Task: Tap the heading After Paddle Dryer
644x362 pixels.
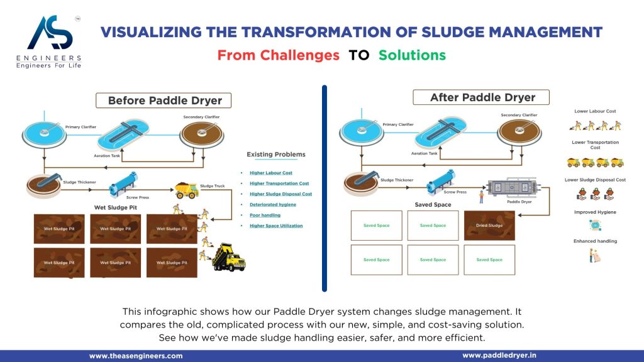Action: pos(482,97)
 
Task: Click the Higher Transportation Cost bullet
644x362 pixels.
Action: pos(279,184)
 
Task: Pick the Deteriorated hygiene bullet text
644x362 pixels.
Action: pos(272,204)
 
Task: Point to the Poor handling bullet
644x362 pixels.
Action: pos(265,215)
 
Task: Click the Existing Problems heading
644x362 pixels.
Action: pos(275,154)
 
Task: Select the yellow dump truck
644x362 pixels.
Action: pos(228,257)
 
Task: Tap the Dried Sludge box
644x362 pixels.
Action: pos(489,226)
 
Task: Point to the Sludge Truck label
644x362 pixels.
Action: pos(212,186)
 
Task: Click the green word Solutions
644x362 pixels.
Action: pos(412,55)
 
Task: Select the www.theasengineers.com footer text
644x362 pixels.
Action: pos(136,356)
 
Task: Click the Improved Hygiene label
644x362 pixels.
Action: pos(594,212)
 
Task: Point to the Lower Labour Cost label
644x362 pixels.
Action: pos(595,111)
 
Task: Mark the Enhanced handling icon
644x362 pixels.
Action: pos(594,256)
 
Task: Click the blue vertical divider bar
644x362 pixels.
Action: pos(325,189)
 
